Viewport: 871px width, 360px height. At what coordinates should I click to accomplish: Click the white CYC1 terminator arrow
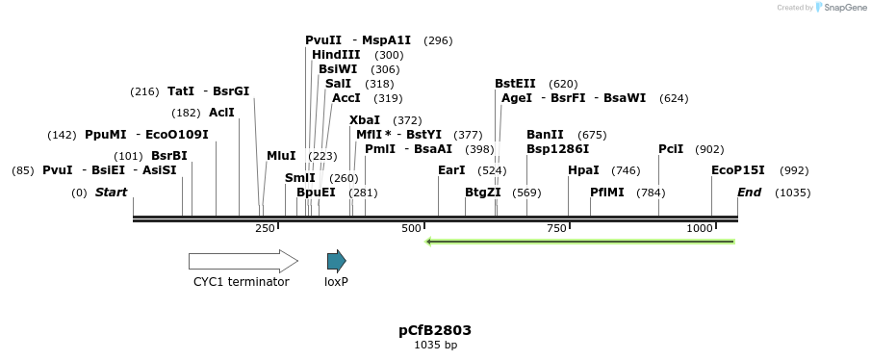point(243,261)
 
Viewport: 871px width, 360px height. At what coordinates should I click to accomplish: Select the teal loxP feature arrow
point(336,261)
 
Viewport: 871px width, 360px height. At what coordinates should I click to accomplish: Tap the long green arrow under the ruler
point(580,241)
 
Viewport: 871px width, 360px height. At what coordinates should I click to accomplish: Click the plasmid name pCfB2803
point(435,330)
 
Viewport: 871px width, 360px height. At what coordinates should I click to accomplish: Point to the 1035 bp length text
point(435,345)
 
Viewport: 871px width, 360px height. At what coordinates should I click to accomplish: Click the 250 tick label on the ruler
point(265,228)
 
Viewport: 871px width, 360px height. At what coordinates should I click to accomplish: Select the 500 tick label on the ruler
point(411,228)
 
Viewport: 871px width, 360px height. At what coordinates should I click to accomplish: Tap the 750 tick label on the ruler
point(556,228)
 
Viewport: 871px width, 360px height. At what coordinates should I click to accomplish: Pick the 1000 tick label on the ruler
point(700,228)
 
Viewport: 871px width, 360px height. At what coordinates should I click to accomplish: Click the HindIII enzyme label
point(336,55)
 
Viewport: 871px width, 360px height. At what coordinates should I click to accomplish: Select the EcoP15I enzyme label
point(738,170)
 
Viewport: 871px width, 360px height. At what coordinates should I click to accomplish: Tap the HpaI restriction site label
point(584,170)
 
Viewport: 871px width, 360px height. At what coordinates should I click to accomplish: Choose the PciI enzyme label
point(671,149)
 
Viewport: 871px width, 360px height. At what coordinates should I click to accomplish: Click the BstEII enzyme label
point(515,84)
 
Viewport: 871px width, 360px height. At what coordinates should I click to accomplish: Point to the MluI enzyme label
point(281,156)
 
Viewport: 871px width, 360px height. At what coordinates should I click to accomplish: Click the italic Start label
point(111,193)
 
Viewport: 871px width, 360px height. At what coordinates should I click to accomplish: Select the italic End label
point(749,193)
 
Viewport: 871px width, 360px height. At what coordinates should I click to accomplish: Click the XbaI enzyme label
point(365,120)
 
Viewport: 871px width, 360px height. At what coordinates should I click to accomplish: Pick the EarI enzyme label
point(451,170)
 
